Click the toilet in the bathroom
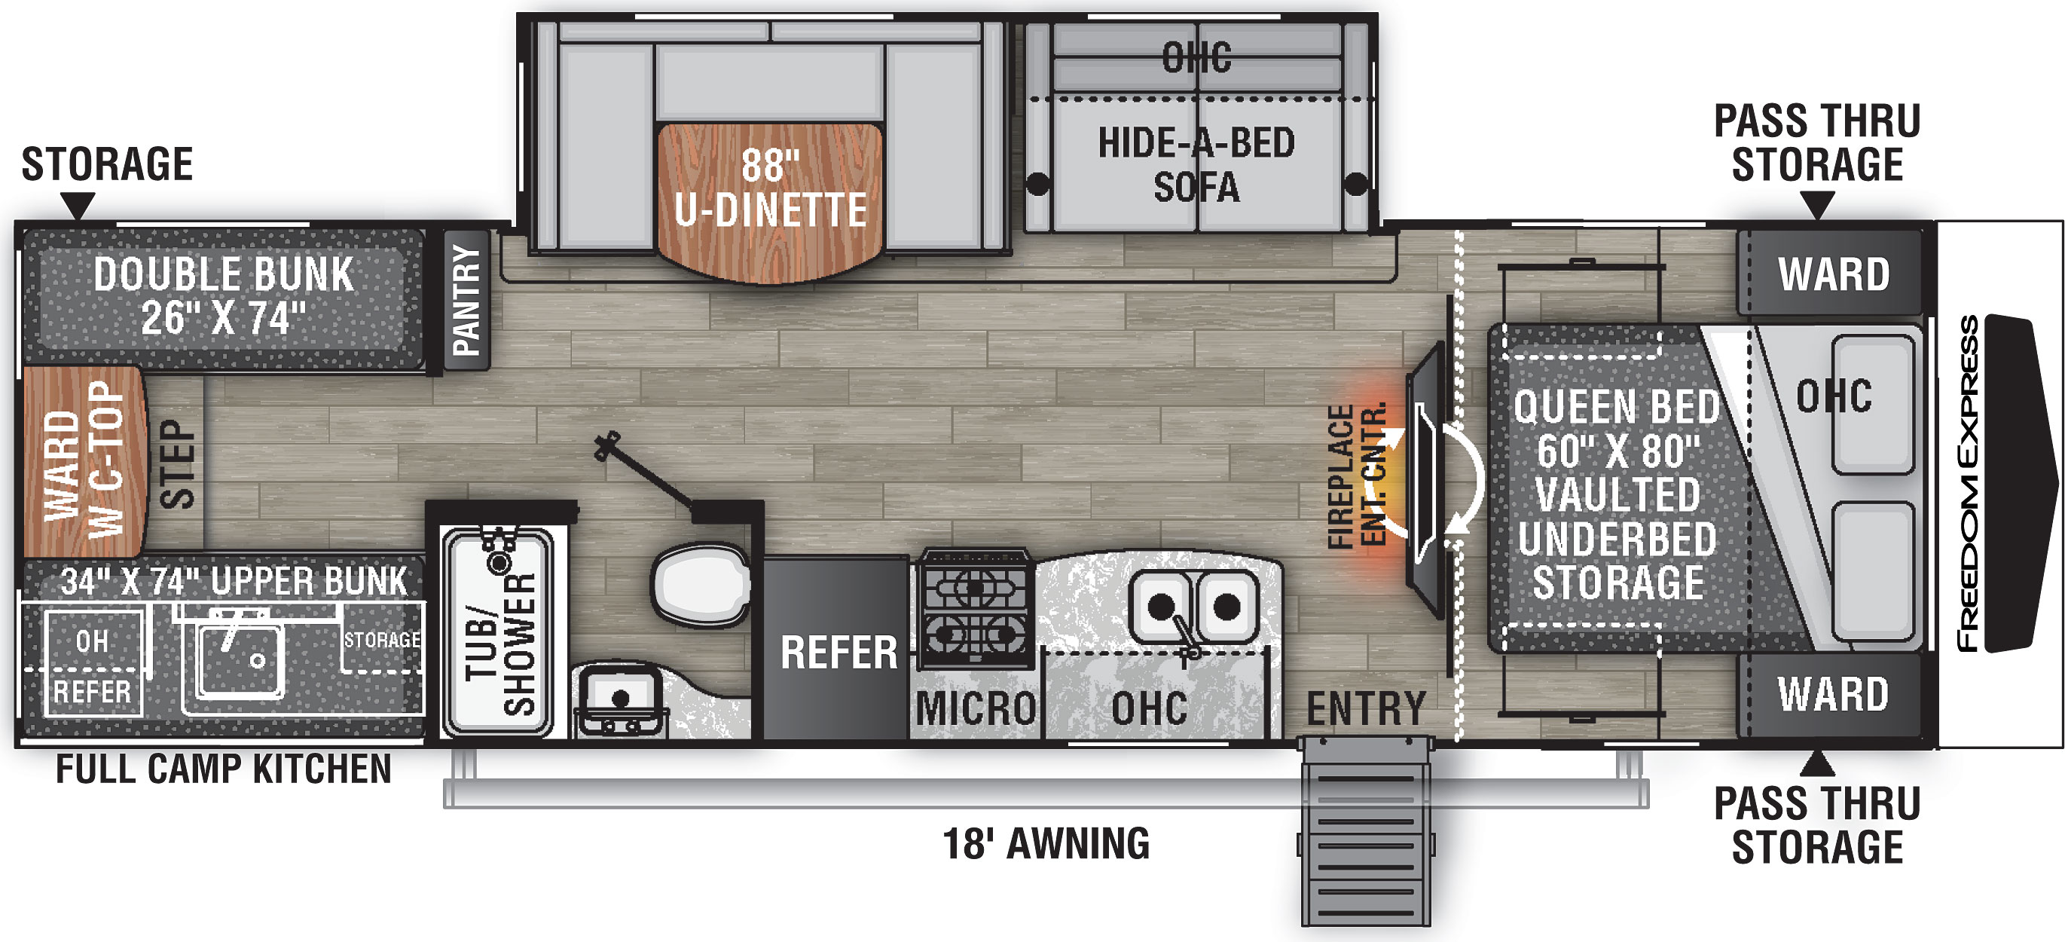(x=701, y=586)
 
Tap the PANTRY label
(x=466, y=301)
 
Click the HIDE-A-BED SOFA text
(x=1196, y=165)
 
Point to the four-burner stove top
(x=975, y=610)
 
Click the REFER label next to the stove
(x=839, y=653)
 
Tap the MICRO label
(x=976, y=708)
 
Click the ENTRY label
(x=1366, y=708)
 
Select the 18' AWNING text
(x=1046, y=843)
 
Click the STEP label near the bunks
(x=178, y=464)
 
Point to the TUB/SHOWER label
(x=502, y=644)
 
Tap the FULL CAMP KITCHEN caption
(x=224, y=769)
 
